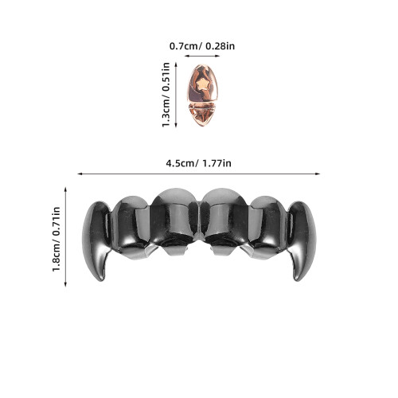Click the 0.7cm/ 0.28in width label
coord(202,46)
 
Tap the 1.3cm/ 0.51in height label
coord(166,95)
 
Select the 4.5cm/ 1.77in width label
coord(198,163)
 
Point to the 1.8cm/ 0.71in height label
coord(57,239)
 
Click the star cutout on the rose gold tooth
coord(203,84)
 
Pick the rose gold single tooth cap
coord(203,95)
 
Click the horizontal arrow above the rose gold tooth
coord(202,56)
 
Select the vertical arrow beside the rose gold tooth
coord(176,95)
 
